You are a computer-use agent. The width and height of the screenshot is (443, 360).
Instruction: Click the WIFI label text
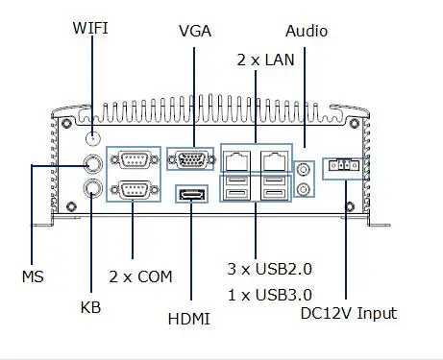coord(90,28)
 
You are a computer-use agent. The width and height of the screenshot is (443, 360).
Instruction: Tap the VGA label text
coord(195,31)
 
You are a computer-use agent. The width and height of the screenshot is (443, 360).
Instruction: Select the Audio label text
coord(307,31)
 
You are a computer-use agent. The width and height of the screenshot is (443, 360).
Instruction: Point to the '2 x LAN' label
coord(265,60)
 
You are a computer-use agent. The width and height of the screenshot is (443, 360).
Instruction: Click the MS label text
coord(33,276)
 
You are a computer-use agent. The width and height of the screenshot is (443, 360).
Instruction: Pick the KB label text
coord(90,307)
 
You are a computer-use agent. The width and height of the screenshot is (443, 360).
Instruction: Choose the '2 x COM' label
coord(140,276)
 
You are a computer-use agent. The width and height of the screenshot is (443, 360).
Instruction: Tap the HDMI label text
coord(189,319)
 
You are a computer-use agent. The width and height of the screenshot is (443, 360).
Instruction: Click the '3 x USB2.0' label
coord(270,269)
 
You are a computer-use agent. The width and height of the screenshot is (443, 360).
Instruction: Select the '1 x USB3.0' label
coord(270,295)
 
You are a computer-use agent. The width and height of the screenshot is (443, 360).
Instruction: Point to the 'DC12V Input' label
coord(349,313)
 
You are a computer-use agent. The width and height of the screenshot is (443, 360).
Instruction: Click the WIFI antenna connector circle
coord(93,138)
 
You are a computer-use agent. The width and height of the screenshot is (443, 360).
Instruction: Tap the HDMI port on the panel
coord(191,194)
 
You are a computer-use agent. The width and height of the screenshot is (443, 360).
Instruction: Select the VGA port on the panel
coord(191,159)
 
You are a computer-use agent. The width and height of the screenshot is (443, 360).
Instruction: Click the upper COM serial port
coord(135,159)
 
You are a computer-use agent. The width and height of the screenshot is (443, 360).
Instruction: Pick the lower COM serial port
coord(135,190)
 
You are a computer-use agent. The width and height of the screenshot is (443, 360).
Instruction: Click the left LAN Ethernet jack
coord(237,160)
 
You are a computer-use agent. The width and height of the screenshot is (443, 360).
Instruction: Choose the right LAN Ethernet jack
coord(274,160)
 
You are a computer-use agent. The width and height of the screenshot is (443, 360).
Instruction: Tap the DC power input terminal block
coord(344,165)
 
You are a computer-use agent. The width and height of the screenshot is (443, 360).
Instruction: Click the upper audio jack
coord(304,169)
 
